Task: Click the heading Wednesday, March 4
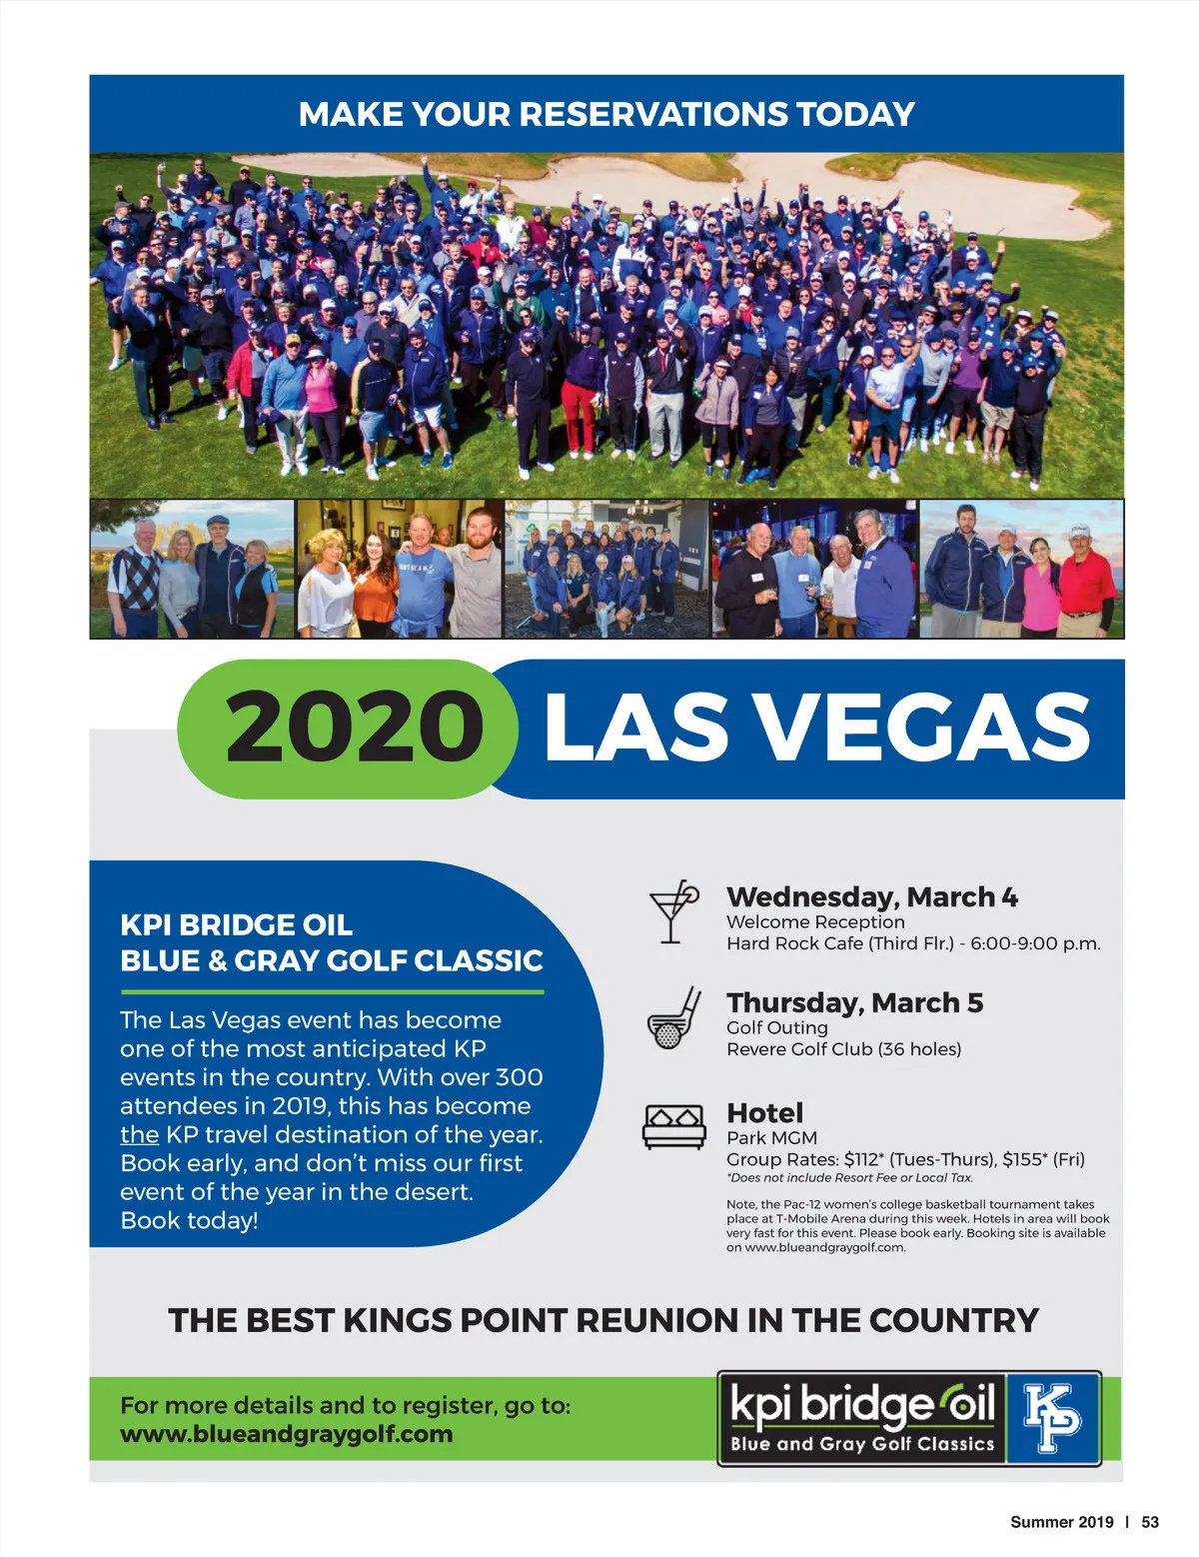tap(871, 896)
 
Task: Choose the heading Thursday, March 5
tap(854, 1002)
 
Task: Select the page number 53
tap(1150, 1522)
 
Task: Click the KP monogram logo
tap(1052, 1418)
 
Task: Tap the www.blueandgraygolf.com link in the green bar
tap(286, 1434)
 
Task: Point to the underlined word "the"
tap(139, 1134)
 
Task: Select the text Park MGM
tap(771, 1137)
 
